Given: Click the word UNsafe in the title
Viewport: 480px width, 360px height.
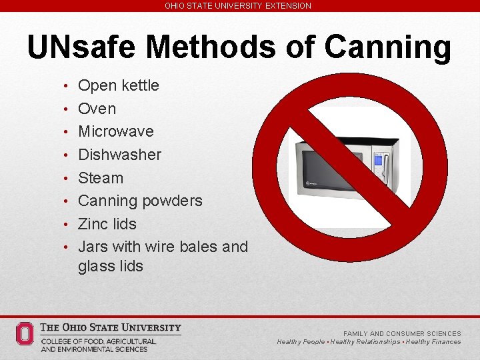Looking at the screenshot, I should tap(82, 48).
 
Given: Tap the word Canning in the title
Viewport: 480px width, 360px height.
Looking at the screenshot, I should tap(389, 48).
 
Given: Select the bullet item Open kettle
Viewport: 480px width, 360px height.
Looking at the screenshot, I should tap(118, 85).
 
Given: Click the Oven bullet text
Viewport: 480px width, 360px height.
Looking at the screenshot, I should tap(97, 109).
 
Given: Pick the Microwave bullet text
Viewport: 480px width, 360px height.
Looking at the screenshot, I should tap(115, 131).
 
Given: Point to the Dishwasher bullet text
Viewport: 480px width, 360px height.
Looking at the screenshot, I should tap(119, 155).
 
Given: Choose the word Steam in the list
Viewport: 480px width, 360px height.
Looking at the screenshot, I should tap(101, 178).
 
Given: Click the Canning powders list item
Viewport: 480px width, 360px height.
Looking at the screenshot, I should tap(140, 201).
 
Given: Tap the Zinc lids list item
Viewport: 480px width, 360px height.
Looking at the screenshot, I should tap(107, 224).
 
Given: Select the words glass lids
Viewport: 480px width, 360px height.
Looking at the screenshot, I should tap(110, 266).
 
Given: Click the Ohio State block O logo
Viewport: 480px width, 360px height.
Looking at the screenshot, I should tap(25, 334).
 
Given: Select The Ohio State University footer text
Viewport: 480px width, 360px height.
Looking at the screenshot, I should tap(111, 327).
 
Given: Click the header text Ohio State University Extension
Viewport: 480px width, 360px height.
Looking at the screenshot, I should tap(238, 5).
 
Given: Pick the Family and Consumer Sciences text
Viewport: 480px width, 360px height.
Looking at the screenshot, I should tap(402, 333).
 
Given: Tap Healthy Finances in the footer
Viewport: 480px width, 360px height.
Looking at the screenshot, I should tap(433, 342).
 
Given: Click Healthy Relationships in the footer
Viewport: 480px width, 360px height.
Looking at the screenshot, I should tap(365, 342).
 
